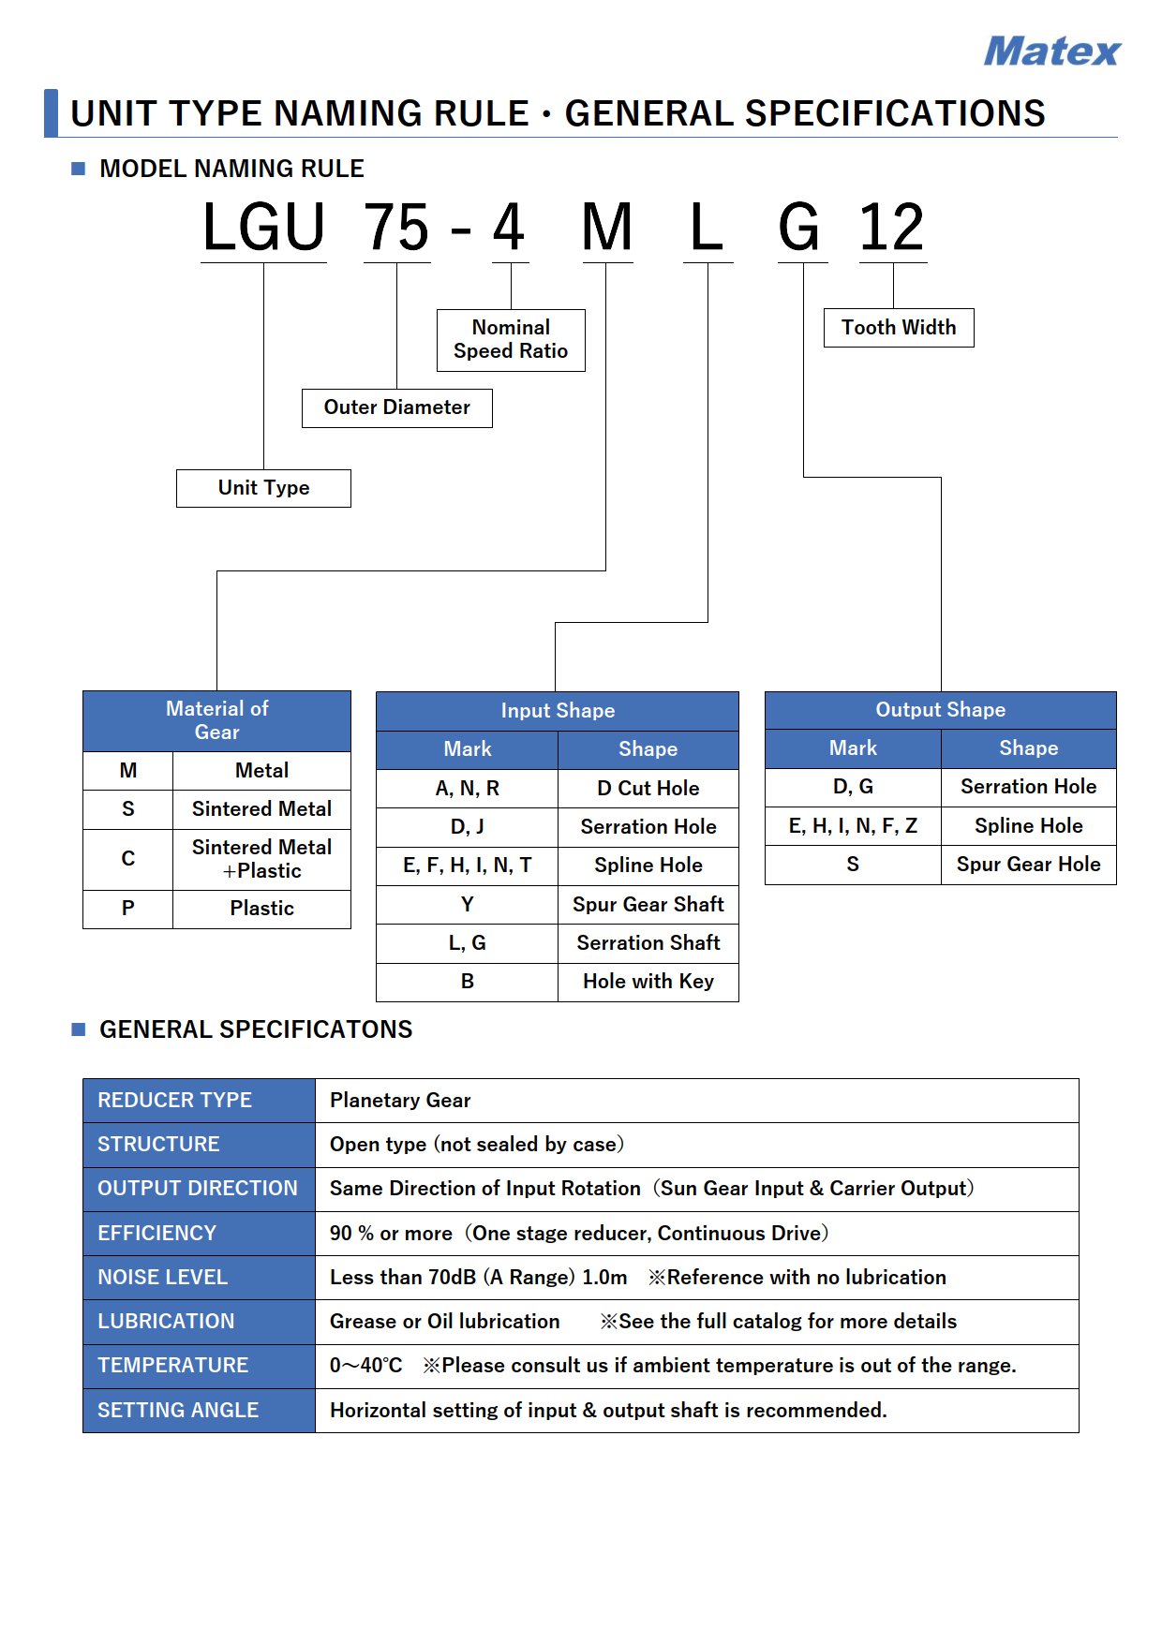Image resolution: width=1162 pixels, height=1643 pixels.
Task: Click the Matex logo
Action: [1051, 52]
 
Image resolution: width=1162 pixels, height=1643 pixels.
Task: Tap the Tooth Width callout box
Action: [899, 328]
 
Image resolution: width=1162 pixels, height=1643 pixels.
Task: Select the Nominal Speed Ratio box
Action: [511, 340]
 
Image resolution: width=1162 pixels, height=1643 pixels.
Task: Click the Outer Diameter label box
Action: [397, 408]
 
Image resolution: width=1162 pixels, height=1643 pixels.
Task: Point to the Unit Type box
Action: [263, 488]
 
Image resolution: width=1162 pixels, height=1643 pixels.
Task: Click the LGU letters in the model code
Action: [264, 228]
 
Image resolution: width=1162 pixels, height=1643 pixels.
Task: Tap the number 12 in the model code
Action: [892, 228]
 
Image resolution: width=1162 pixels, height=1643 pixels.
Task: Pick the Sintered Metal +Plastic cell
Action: [261, 859]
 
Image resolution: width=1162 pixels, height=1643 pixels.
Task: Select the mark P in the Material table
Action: [128, 909]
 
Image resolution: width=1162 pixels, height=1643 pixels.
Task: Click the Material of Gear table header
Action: [216, 721]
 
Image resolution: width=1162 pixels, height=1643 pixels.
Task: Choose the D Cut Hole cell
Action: [648, 789]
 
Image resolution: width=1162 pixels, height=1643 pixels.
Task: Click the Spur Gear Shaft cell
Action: [648, 905]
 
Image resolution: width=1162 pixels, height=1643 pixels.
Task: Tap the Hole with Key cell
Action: [648, 982]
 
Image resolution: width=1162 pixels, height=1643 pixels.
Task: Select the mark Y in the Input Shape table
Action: [468, 905]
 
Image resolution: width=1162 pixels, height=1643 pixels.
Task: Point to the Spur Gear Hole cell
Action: [1029, 865]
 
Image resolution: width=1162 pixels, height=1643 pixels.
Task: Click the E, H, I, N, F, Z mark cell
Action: [853, 826]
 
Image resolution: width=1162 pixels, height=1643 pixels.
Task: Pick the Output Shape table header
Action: [941, 710]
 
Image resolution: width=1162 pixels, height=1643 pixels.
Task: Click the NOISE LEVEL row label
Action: [199, 1278]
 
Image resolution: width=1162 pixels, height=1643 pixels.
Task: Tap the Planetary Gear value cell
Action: [697, 1101]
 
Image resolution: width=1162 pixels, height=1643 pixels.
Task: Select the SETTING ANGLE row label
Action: [199, 1411]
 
